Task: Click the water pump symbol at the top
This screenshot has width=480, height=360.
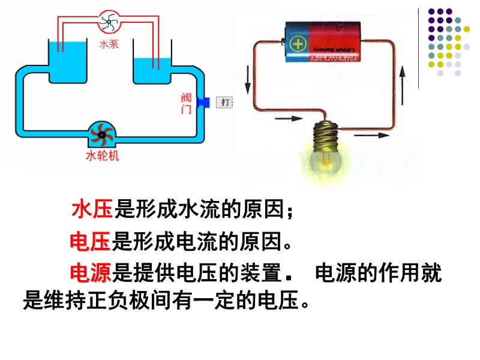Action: click(x=109, y=23)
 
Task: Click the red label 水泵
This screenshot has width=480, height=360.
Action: click(x=109, y=44)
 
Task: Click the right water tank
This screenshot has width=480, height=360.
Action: click(x=152, y=70)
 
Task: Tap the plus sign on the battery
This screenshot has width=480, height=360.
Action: click(x=297, y=44)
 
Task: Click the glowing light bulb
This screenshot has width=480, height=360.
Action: click(x=326, y=157)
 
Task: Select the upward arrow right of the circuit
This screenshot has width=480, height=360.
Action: click(x=403, y=77)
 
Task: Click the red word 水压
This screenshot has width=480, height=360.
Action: click(x=92, y=209)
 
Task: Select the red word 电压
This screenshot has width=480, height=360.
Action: click(x=90, y=242)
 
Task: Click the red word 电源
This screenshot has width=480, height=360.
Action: click(x=91, y=273)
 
